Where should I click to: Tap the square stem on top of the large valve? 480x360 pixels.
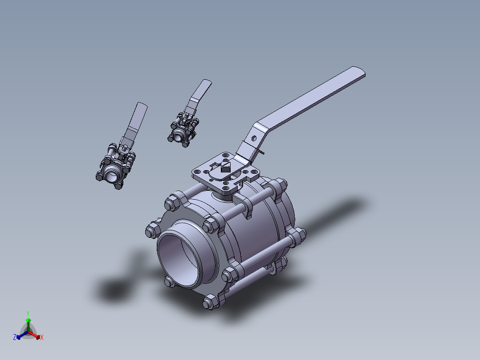coord(225,168)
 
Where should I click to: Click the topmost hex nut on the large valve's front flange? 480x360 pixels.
coord(171,203)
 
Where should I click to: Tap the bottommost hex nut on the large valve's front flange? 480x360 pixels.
coord(209,303)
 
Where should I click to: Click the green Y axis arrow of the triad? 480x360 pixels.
coord(28,321)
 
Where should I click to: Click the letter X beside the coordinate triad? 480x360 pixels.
coord(42,338)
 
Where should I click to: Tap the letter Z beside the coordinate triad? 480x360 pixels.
coord(15,338)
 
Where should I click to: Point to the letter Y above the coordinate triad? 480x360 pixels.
coord(28,313)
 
